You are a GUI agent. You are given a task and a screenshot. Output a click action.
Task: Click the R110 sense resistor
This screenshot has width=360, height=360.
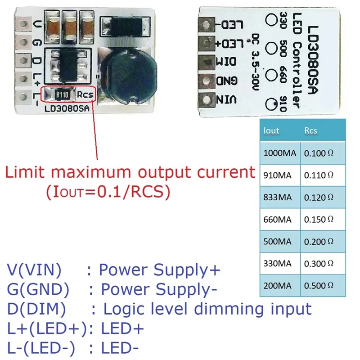pos(62,94)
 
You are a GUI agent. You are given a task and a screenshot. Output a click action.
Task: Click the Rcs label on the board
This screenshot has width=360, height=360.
pos(85,94)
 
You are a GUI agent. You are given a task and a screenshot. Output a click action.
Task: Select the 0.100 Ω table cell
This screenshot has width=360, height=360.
pos(319,153)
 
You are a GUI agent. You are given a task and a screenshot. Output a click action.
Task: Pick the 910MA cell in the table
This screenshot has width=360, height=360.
pos(277,175)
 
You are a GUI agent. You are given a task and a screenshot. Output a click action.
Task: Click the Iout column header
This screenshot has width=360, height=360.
pos(271,130)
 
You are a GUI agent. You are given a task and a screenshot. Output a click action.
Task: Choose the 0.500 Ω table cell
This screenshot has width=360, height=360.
pos(319,286)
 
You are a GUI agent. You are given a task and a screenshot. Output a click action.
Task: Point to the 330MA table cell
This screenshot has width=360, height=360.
pos(277,264)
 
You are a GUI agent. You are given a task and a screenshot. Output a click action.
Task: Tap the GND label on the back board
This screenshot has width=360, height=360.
pos(227,81)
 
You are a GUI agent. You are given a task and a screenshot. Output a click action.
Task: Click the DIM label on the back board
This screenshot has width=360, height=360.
pos(226,62)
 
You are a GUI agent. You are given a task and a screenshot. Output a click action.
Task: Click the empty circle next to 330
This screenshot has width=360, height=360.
pos(271,19)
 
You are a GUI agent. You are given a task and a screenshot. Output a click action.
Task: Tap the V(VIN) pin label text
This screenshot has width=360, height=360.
pos(34,270)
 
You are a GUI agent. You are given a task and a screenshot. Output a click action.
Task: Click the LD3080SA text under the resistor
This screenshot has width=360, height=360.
pos(67,108)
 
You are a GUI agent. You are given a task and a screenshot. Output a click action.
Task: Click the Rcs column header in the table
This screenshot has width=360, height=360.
pos(310,130)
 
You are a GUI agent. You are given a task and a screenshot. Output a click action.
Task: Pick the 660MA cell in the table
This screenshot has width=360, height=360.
pos(277,220)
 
